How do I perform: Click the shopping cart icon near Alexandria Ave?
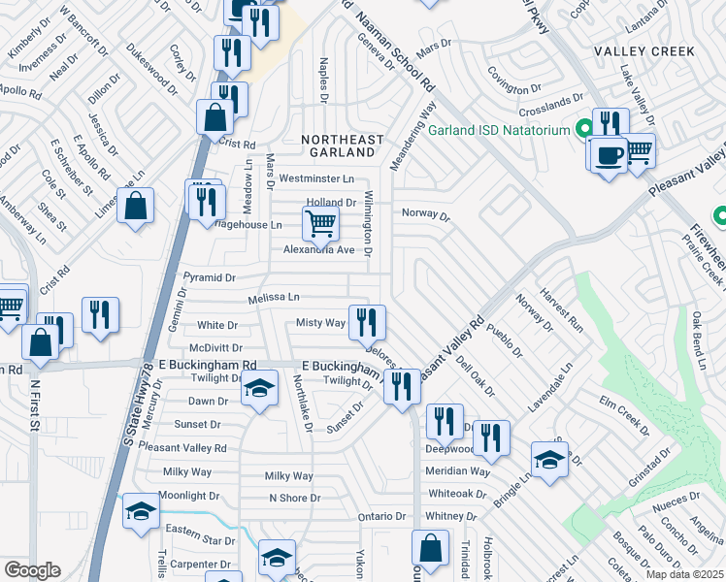pyautogui.click(x=319, y=223)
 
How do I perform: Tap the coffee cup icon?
pyautogui.click(x=609, y=155)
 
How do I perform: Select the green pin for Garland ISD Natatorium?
pyautogui.click(x=583, y=129)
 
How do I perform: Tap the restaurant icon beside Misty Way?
pyautogui.click(x=367, y=320)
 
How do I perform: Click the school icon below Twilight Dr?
pyautogui.click(x=257, y=390)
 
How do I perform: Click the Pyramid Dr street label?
pyautogui.click(x=209, y=277)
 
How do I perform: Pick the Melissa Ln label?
pyautogui.click(x=273, y=298)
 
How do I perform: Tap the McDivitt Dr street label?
pyautogui.click(x=215, y=347)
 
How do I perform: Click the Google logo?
pyautogui.click(x=32, y=570)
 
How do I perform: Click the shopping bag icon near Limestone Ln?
pyautogui.click(x=136, y=206)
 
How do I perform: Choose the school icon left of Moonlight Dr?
pyautogui.click(x=141, y=511)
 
